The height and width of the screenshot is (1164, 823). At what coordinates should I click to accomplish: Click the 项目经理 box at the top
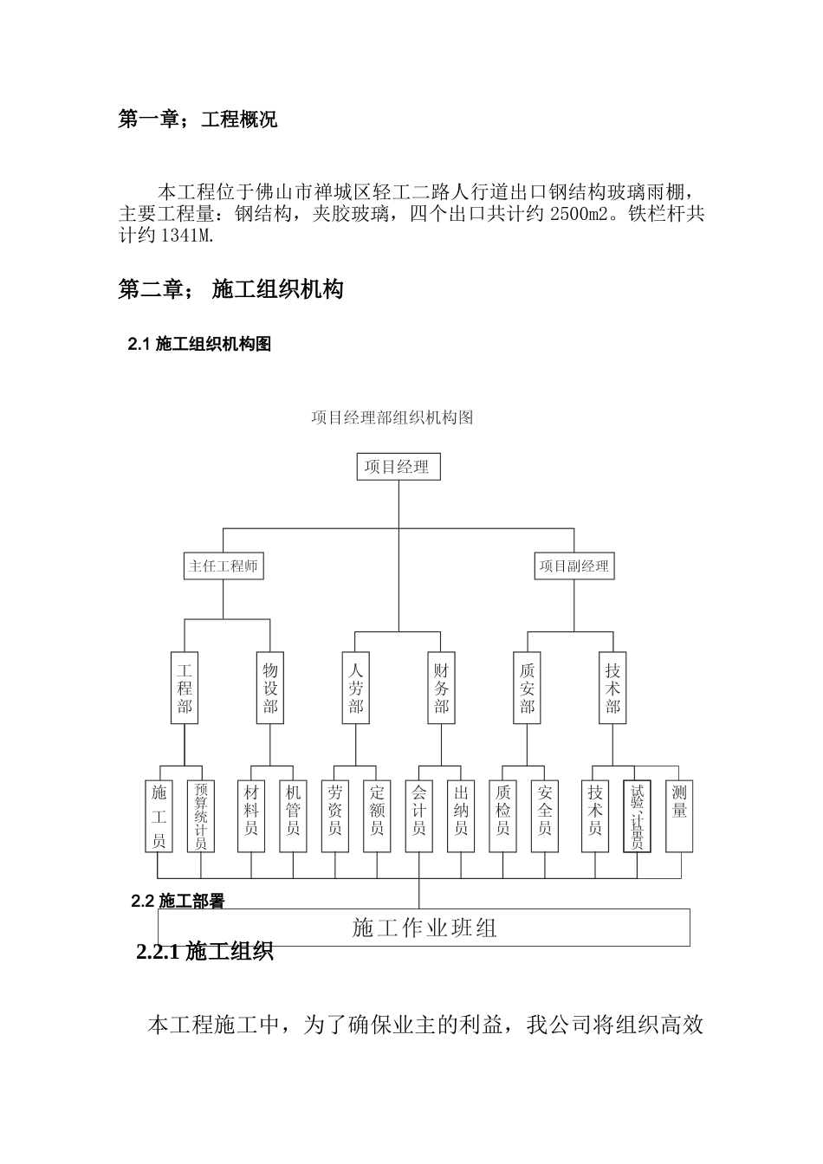coord(398,468)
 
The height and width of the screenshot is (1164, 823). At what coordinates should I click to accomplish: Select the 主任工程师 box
coord(224,566)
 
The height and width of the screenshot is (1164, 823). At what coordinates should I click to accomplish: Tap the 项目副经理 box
coord(574,566)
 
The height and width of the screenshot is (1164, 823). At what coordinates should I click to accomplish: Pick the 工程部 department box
coord(185,689)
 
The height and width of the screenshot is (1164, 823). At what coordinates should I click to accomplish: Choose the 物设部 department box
coord(270,689)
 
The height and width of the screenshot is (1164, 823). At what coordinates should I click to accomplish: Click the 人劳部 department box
coord(356,689)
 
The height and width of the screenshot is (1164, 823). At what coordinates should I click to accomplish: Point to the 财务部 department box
coord(442,689)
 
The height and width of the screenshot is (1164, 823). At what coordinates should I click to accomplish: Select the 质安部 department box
coord(528,689)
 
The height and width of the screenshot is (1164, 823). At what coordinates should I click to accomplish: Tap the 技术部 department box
coord(613,689)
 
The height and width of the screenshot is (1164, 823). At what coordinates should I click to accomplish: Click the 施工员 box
coord(159,816)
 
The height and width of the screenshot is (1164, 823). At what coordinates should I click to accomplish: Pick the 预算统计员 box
coord(201,816)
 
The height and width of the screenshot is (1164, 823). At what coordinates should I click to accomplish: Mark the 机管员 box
coord(293,816)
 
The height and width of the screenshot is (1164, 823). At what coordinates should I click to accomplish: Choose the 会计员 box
coord(419,816)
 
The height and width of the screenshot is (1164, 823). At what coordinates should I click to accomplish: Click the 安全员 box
coord(545,816)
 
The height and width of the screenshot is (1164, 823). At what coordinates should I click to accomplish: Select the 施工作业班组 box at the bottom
coord(424,928)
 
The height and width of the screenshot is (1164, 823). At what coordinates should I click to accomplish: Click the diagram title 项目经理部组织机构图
coord(392,417)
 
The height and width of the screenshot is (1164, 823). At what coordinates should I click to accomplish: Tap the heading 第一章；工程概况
coord(198,120)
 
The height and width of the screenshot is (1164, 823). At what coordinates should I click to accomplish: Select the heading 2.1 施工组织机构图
coord(199,345)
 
